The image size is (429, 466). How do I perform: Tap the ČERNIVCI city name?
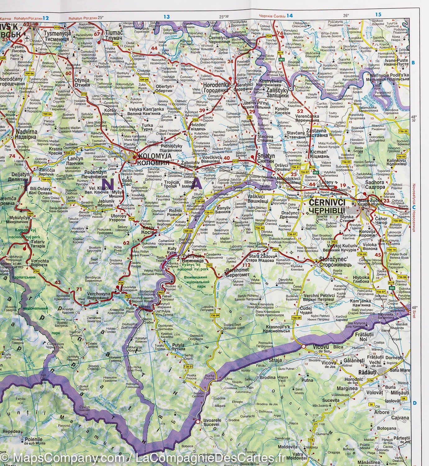327,202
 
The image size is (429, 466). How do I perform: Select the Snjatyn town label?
266,157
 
